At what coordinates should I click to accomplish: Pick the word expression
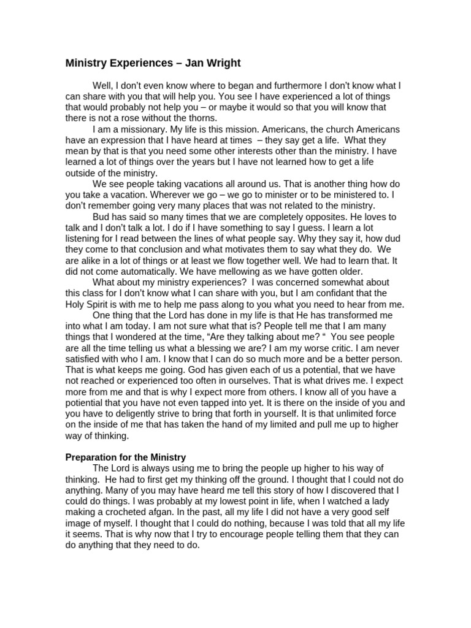[x=118, y=140]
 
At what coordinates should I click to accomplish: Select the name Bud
[x=101, y=217]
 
